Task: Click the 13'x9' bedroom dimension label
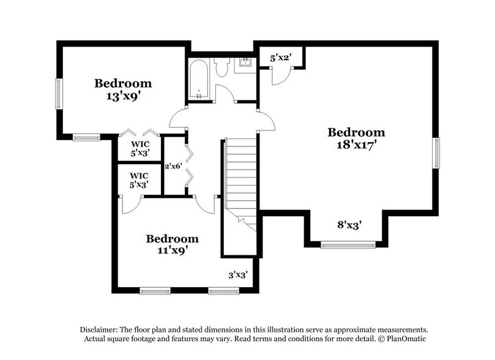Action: click(122, 96)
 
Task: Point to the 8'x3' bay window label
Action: click(350, 225)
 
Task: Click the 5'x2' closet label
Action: click(280, 59)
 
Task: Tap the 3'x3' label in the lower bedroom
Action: click(237, 275)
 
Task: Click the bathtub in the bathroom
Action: click(200, 79)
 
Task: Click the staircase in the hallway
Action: click(240, 178)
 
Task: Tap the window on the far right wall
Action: click(436, 152)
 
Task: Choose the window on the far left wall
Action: click(59, 94)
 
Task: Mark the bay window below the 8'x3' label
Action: click(348, 246)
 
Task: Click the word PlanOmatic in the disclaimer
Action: click(404, 339)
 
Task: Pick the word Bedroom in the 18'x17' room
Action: click(356, 132)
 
